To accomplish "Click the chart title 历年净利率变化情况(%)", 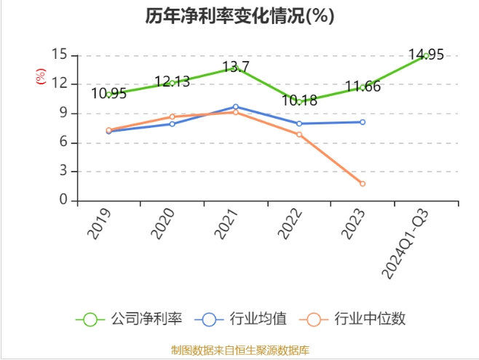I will coord(239,16).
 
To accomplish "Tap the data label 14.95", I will coord(426,55).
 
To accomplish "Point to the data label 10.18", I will coord(299,100).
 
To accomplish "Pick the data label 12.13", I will coord(172,81).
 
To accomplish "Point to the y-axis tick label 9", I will coord(63,113).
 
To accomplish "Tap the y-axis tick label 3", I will coord(63,172).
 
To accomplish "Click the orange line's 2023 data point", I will coord(362,183).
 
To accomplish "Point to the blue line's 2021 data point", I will coord(235,107).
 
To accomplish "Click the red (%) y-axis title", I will coord(41,76).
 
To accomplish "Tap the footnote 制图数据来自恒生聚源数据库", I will coord(239,350).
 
